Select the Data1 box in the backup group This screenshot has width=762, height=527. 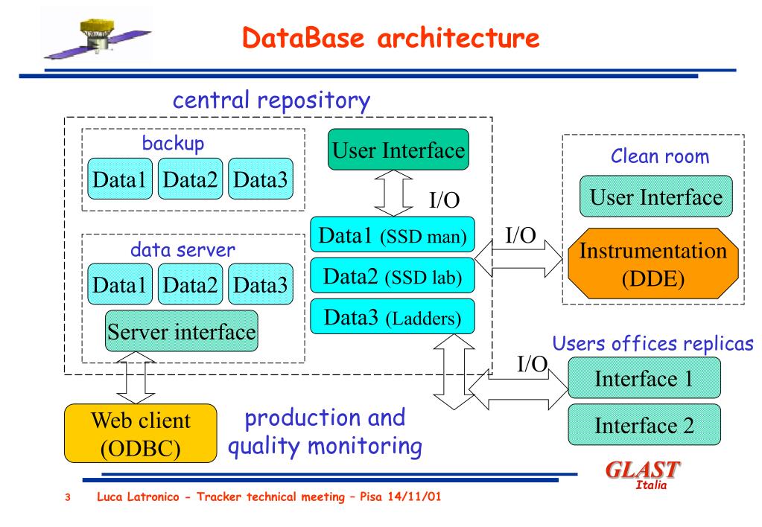(x=119, y=178)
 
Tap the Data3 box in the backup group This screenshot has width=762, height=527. (x=261, y=178)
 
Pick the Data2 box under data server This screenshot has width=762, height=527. (x=190, y=284)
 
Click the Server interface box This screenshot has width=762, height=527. (x=181, y=331)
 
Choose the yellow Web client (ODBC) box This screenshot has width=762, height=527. (x=141, y=433)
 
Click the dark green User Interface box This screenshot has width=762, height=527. (x=399, y=150)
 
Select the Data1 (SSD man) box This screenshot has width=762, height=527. (x=393, y=234)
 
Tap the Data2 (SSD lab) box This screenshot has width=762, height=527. (x=393, y=275)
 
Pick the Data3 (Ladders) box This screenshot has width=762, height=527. (x=393, y=316)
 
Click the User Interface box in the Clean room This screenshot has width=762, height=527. (x=656, y=197)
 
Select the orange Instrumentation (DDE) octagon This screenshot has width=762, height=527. (x=653, y=263)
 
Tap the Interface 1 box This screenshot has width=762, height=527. (x=644, y=378)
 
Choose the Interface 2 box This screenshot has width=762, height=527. (x=644, y=424)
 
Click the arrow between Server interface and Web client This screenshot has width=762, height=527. (x=136, y=378)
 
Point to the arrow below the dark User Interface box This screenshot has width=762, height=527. (x=393, y=194)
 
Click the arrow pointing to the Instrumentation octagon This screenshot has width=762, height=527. (x=518, y=259)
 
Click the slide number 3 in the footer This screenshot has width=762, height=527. (x=68, y=497)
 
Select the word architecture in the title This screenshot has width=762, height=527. (x=458, y=37)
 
